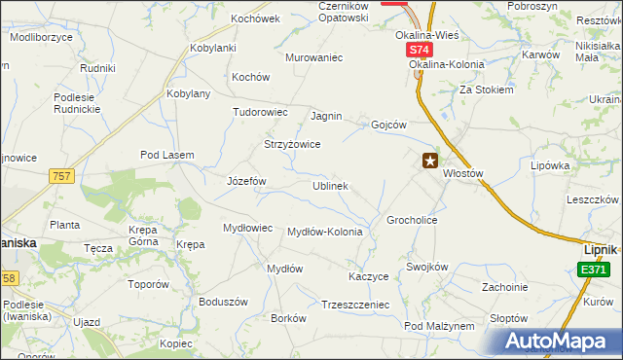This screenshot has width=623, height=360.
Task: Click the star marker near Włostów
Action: (x=429, y=162)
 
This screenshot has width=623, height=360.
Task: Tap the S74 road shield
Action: (x=418, y=49)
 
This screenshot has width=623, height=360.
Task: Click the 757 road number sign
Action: (x=61, y=175)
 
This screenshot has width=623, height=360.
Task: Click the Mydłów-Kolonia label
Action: (x=325, y=232)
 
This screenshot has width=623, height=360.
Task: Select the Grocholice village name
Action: (x=412, y=220)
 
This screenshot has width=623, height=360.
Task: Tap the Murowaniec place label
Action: (x=314, y=57)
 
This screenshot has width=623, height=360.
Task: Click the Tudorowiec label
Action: (x=260, y=112)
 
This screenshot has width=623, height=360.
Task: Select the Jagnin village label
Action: (x=326, y=116)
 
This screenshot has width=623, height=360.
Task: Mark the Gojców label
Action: (x=388, y=125)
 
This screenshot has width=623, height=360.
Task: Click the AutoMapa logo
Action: (x=557, y=342)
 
